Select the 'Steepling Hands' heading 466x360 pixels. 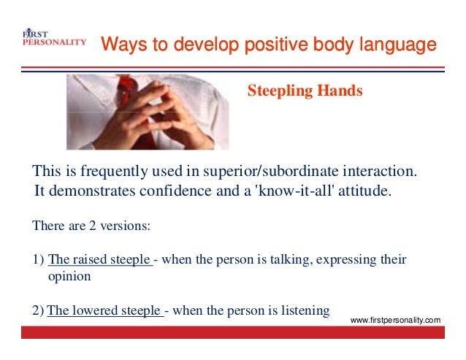tap(305, 91)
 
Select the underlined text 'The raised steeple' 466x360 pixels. tap(100, 260)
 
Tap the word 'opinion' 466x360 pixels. tap(69, 277)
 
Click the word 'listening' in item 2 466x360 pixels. tap(305, 312)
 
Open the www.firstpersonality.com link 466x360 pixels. tap(396, 321)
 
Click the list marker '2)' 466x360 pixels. tap(38, 312)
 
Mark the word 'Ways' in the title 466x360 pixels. tap(119, 45)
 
